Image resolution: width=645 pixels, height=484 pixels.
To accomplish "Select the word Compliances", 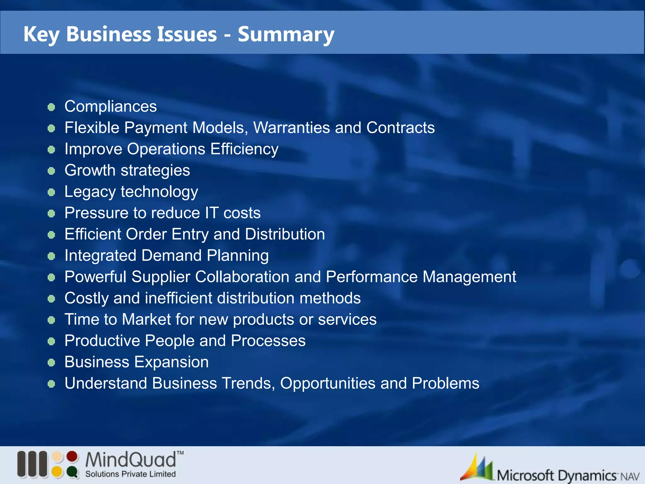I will (111, 107).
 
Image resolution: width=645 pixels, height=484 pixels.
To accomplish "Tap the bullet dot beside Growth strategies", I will (51, 171).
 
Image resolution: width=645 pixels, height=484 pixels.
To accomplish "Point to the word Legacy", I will (90, 192).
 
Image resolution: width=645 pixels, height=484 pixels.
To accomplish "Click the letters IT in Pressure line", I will (212, 213).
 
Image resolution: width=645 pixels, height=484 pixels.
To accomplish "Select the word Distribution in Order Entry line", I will (285, 234).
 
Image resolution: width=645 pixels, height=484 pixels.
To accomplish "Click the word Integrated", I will (100, 255).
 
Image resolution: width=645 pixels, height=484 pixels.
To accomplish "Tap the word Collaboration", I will (242, 277).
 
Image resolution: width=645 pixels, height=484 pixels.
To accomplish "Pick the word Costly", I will (86, 298).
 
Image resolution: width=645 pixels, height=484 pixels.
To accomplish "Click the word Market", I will (146, 319).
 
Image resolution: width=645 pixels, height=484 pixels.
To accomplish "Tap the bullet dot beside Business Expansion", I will (51, 363).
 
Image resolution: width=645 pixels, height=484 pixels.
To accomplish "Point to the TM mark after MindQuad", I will (180, 453).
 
